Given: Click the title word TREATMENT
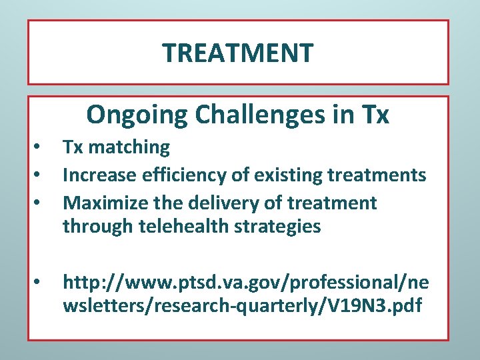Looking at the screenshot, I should pos(238,53).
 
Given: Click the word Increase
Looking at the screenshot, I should pos(98,175).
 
